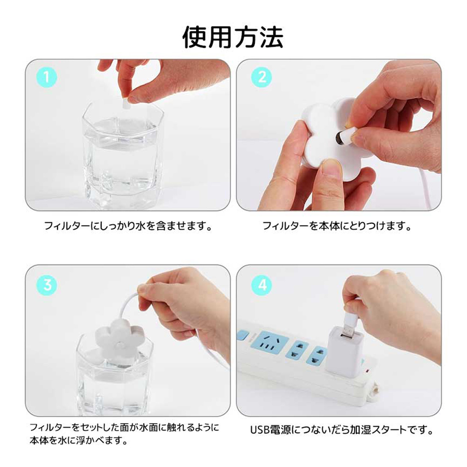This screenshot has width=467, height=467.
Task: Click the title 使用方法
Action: [233, 37]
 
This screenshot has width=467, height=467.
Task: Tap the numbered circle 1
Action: [46, 77]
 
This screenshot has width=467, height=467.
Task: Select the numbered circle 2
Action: [262, 77]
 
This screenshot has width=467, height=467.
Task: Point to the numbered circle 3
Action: [46, 285]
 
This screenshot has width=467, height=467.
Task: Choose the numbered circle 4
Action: [262, 285]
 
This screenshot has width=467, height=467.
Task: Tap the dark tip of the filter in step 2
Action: [339, 139]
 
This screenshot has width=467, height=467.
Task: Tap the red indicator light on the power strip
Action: [367, 371]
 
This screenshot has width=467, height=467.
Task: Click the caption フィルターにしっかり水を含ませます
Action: [128, 226]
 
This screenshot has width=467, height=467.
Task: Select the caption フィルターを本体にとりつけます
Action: [337, 226]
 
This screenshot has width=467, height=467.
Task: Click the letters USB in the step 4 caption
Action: [260, 430]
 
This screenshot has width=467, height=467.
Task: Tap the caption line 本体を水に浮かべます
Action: [78, 440]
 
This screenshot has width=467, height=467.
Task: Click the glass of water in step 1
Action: [123, 155]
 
